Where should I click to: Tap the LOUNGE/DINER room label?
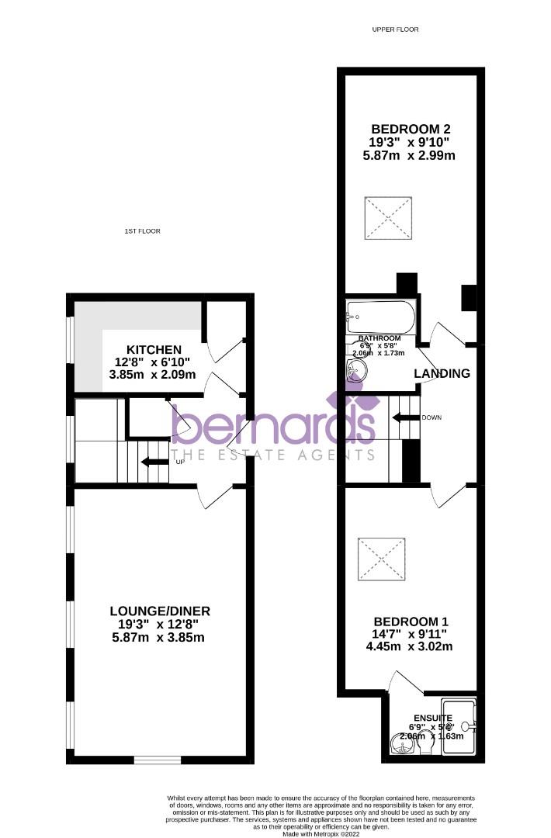[x=160, y=611]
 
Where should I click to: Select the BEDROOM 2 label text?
[x=411, y=129]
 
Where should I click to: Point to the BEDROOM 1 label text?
[x=411, y=622]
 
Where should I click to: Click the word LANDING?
[x=442, y=373]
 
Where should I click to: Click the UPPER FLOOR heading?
[x=395, y=29]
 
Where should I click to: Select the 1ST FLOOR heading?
[x=142, y=231]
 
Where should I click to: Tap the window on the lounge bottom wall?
[x=158, y=759]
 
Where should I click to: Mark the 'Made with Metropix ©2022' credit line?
[x=321, y=833]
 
